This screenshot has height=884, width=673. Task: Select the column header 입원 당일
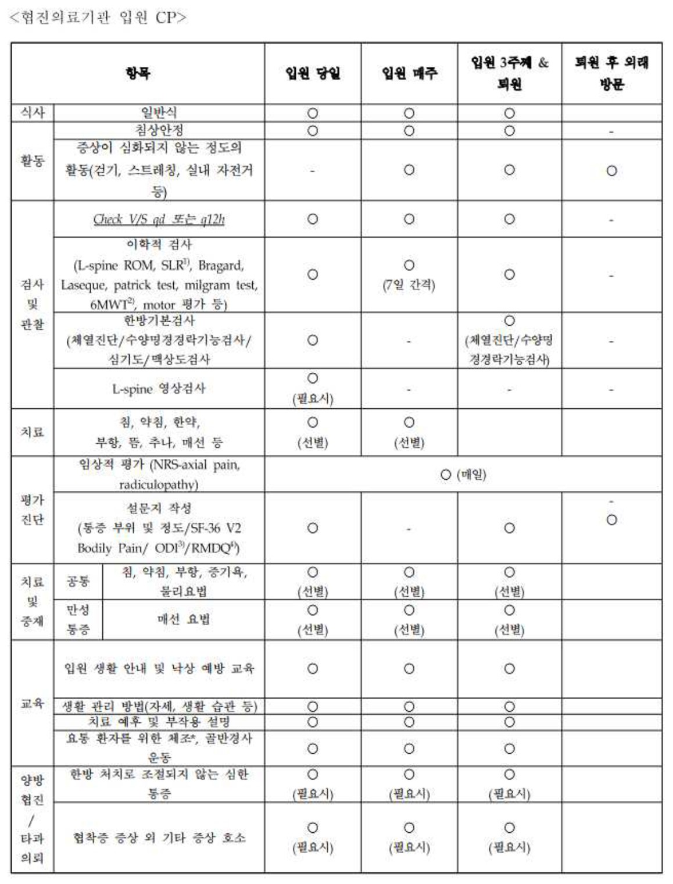(312, 73)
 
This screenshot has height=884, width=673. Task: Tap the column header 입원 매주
(409, 73)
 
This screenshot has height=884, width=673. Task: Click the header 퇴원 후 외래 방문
(611, 73)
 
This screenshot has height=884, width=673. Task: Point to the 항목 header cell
(138, 73)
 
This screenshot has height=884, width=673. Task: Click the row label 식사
(33, 112)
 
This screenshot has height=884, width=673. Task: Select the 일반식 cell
(159, 112)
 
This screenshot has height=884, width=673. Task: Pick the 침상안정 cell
(159, 130)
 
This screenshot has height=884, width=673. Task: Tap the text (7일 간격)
(409, 285)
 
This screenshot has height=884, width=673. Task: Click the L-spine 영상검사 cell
(159, 388)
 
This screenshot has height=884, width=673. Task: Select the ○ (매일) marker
(463, 475)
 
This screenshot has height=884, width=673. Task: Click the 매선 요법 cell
(183, 619)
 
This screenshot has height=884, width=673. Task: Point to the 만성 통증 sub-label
(78, 619)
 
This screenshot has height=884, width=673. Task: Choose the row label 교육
(33, 703)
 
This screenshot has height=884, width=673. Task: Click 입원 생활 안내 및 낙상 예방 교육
(159, 668)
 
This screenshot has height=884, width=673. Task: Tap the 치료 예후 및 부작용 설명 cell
(159, 722)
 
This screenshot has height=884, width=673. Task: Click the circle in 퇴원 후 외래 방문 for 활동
(611, 171)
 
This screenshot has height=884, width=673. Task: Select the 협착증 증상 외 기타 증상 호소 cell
(159, 837)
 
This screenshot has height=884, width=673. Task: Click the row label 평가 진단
(33, 509)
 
